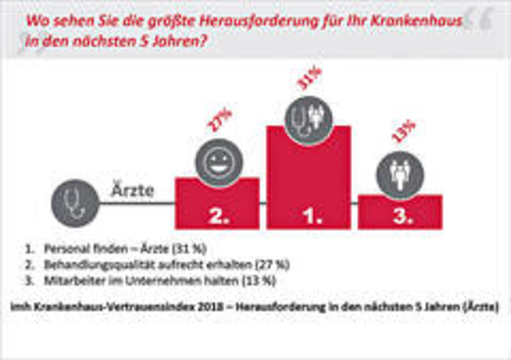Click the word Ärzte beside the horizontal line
tap(132, 190)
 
